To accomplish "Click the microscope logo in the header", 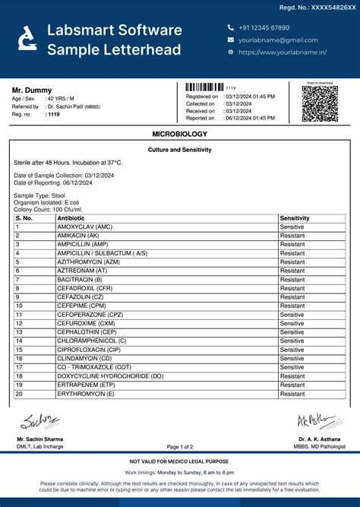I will [x=27, y=40].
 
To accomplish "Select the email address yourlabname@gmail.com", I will [x=277, y=40].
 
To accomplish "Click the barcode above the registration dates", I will [x=204, y=87].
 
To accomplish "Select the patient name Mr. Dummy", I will [x=32, y=90].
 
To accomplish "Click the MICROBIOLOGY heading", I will [x=179, y=134].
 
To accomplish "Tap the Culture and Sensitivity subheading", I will [x=179, y=151].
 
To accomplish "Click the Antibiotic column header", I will [x=71, y=218].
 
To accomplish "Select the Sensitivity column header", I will [x=295, y=218].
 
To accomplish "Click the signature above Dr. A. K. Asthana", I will [x=317, y=421].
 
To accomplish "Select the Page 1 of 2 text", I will [x=180, y=447].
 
